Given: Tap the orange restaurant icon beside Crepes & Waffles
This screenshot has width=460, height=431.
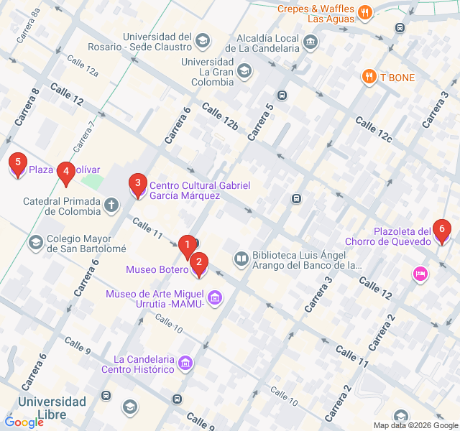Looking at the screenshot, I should pos(365,11).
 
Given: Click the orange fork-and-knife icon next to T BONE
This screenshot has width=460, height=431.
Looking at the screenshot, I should pos(369,76).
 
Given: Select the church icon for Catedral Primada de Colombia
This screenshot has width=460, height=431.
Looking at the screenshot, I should pos(111,206).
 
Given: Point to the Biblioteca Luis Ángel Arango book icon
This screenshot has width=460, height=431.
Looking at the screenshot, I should pos(241,258).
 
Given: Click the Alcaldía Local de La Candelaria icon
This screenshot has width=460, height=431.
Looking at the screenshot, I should pos(310,42).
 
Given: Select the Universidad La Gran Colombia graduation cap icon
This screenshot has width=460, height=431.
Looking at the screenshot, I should pos(244,70).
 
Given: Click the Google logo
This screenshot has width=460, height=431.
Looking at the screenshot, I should pos(24,422).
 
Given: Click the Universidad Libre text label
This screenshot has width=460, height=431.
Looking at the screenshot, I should pos(53,408).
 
